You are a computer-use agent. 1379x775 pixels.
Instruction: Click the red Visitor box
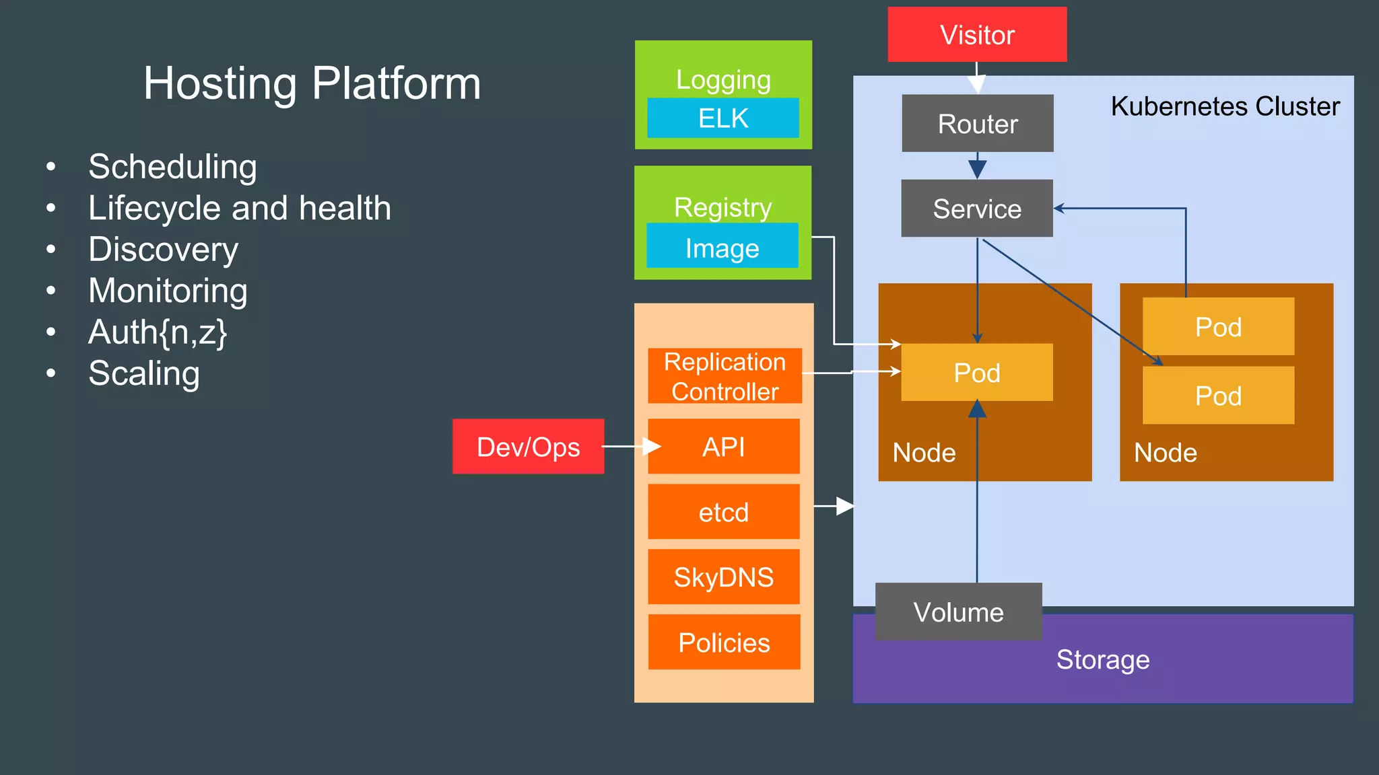[x=977, y=35]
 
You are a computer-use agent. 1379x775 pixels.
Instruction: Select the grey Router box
[x=977, y=124]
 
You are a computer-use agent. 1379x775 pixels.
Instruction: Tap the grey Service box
[x=976, y=209]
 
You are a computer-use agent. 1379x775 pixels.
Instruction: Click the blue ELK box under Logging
[x=723, y=118]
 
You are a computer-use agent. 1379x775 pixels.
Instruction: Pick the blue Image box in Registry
[x=722, y=248]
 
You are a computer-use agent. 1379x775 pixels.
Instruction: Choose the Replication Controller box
[x=725, y=376]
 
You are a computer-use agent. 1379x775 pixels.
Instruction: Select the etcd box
[x=723, y=512]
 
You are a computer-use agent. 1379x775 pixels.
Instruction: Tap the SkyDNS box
[x=723, y=577]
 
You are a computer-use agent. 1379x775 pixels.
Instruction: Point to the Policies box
[x=724, y=642]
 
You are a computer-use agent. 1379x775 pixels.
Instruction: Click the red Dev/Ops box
[x=528, y=447]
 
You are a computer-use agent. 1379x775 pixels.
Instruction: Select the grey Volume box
[x=958, y=612]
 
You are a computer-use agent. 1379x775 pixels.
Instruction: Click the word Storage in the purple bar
[x=1102, y=659]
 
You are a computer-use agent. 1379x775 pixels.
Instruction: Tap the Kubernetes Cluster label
[x=1225, y=106]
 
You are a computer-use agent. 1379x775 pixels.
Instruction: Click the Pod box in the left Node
[x=976, y=373]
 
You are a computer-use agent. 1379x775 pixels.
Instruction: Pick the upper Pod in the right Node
[x=1218, y=327]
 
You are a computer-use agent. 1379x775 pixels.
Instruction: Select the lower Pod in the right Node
[x=1218, y=396]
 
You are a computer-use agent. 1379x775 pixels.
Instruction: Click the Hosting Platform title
[x=312, y=83]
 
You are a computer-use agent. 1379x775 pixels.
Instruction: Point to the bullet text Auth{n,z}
[x=158, y=332]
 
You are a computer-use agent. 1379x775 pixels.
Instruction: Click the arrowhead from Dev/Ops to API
[x=651, y=446]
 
